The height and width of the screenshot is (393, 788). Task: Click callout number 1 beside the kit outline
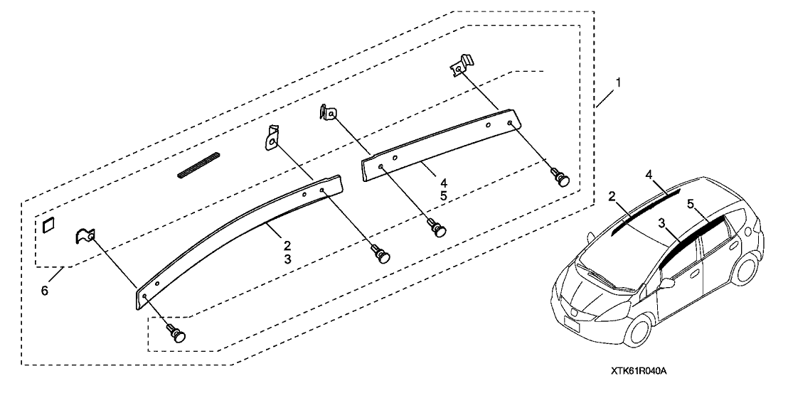pyautogui.click(x=617, y=84)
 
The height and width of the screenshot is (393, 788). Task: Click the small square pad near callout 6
pyautogui.click(x=48, y=225)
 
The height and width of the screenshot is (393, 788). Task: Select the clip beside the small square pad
pyautogui.click(x=85, y=235)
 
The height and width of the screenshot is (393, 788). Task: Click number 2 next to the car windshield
pyautogui.click(x=612, y=196)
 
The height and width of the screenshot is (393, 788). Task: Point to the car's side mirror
pyautogui.click(x=668, y=284)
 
